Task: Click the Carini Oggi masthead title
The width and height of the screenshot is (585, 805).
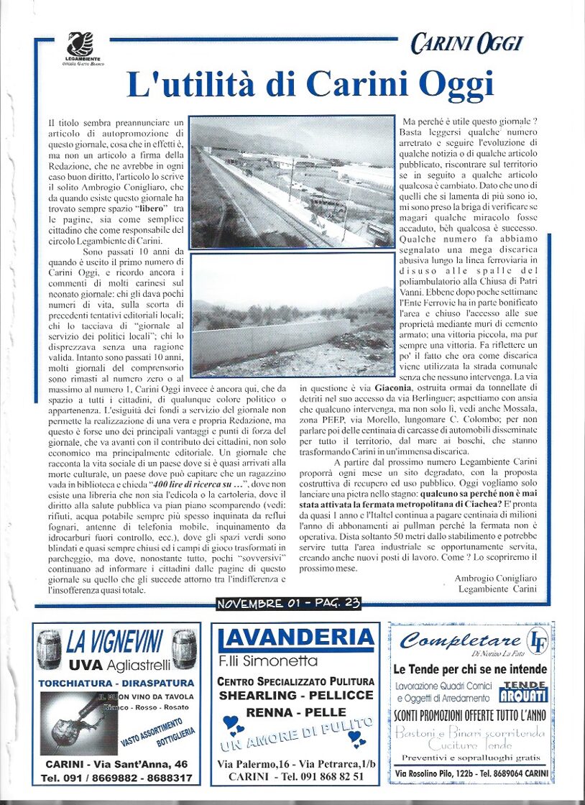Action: click(466, 44)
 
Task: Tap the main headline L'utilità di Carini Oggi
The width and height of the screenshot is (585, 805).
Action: click(310, 85)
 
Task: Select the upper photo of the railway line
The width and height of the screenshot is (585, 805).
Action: click(292, 182)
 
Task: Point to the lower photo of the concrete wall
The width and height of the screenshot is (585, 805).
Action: click(292, 314)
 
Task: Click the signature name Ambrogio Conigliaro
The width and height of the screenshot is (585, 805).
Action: click(496, 578)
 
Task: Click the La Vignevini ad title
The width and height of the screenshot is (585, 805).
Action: click(115, 640)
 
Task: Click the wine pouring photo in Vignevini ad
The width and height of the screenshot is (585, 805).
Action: click(78, 722)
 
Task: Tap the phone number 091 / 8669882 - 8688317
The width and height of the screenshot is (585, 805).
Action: click(116, 778)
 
